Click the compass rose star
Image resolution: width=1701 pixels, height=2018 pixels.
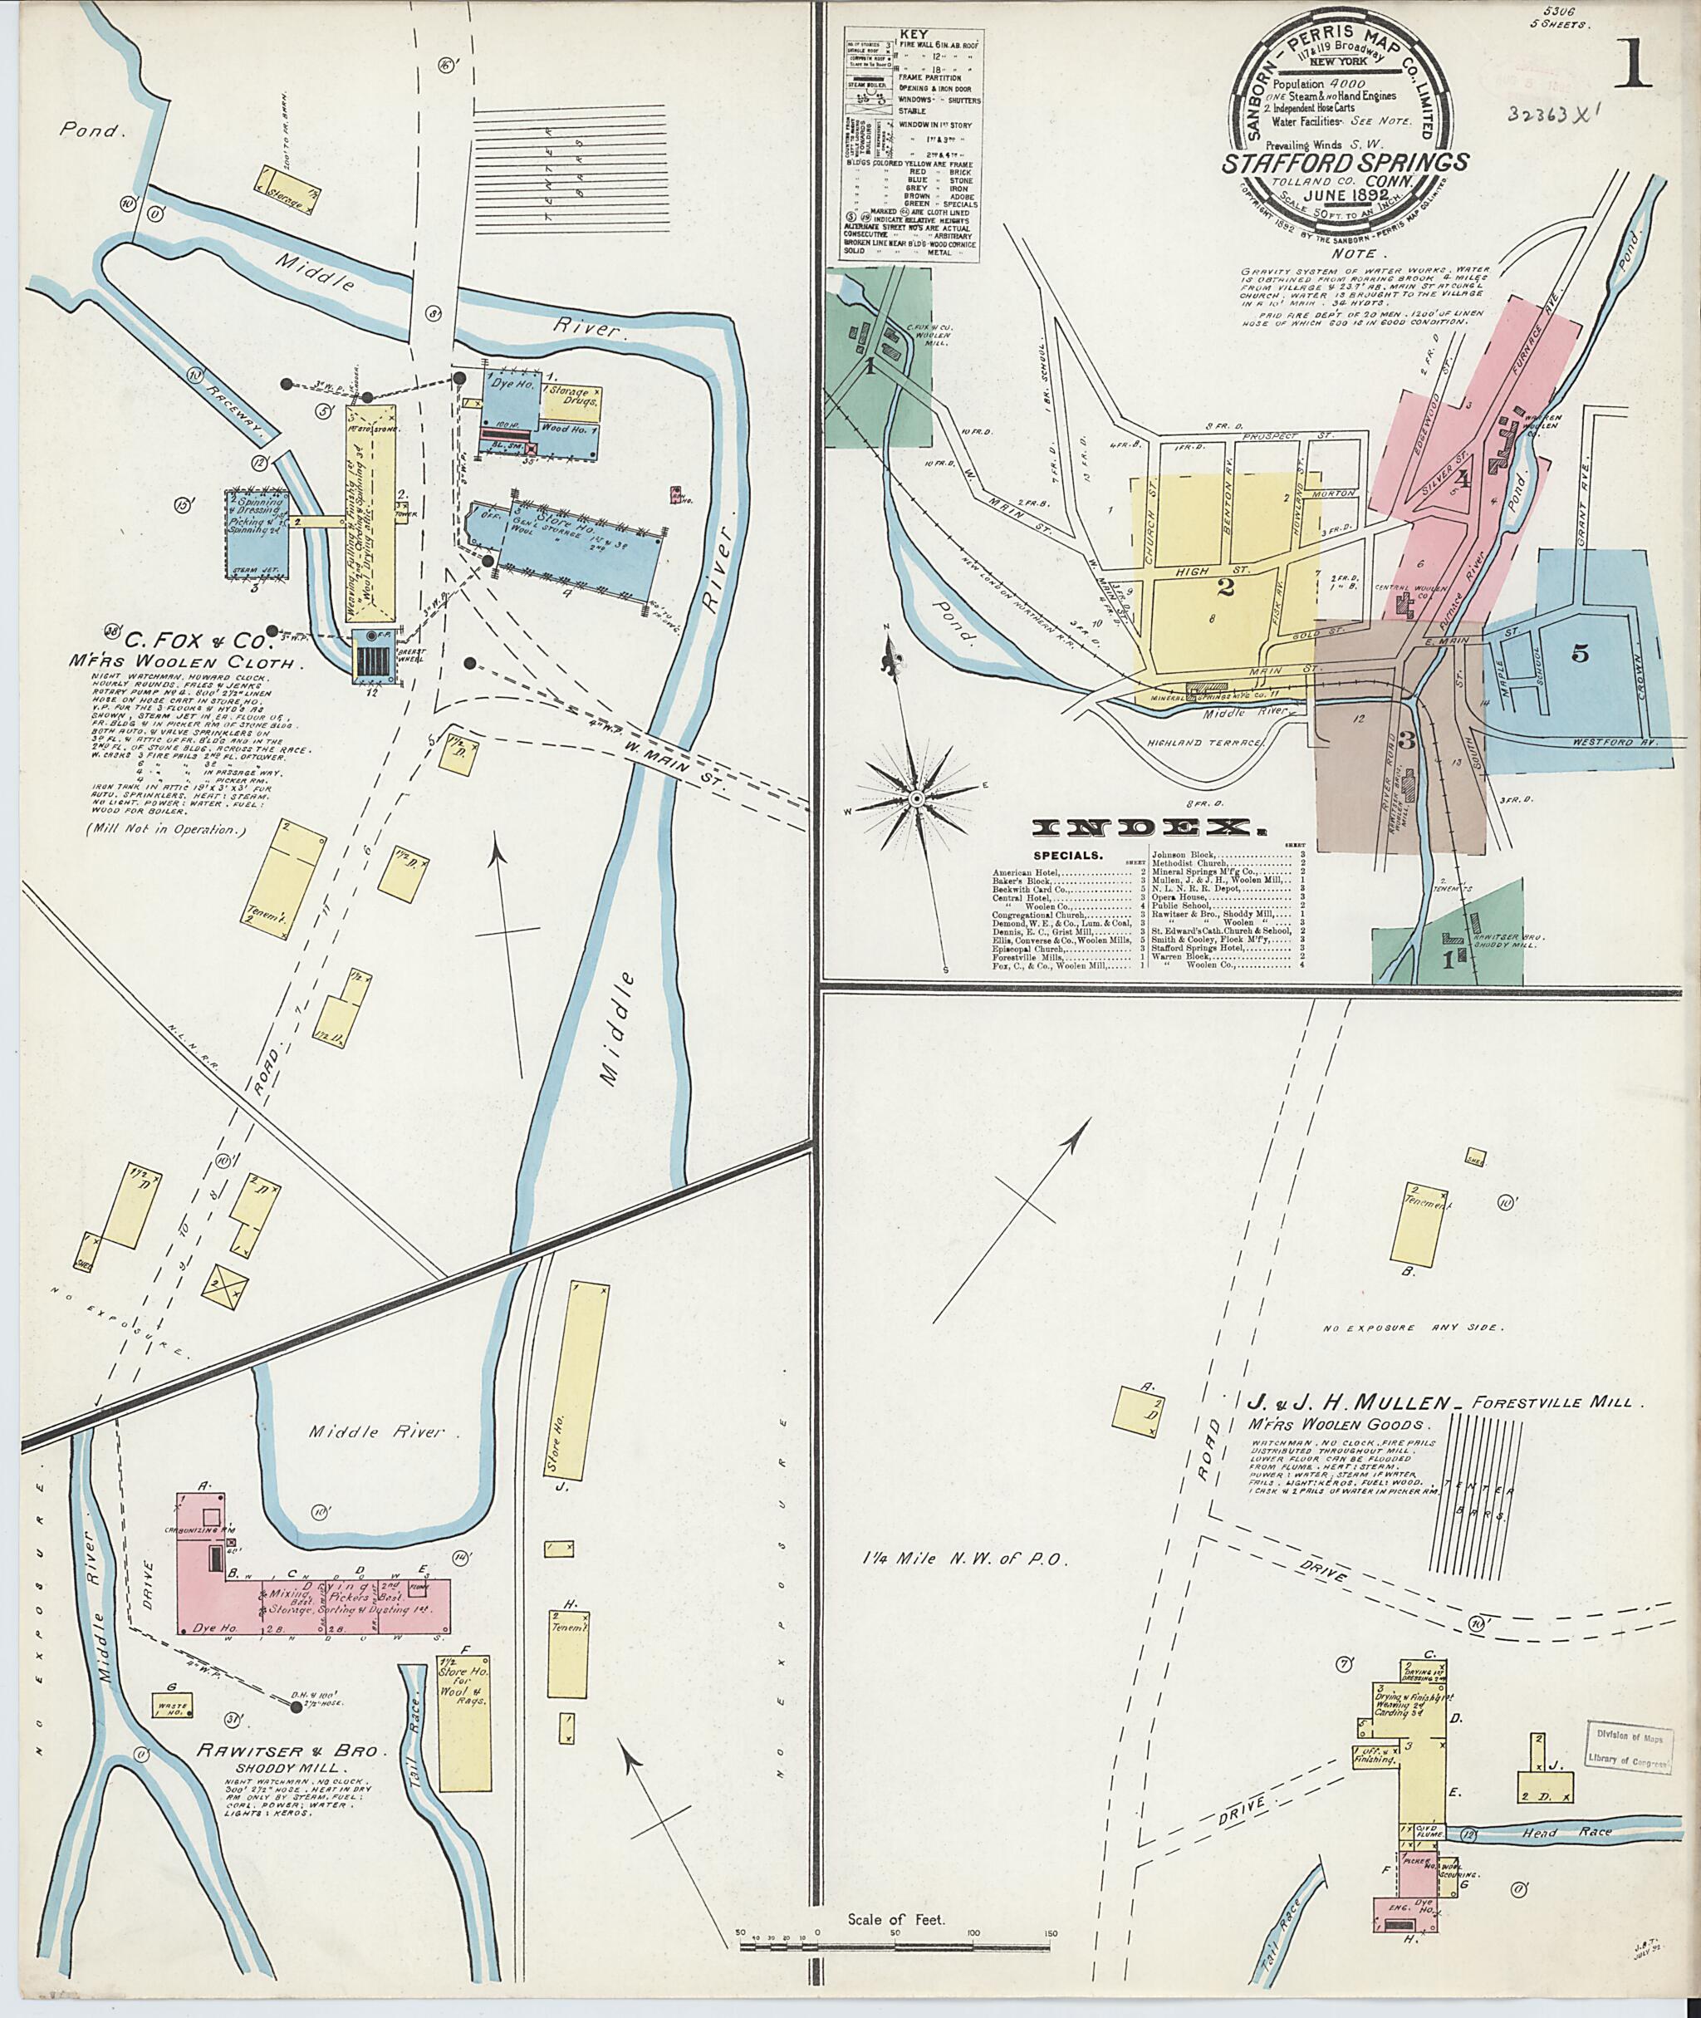[917, 798]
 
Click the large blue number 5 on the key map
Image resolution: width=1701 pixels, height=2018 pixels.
[1580, 654]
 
